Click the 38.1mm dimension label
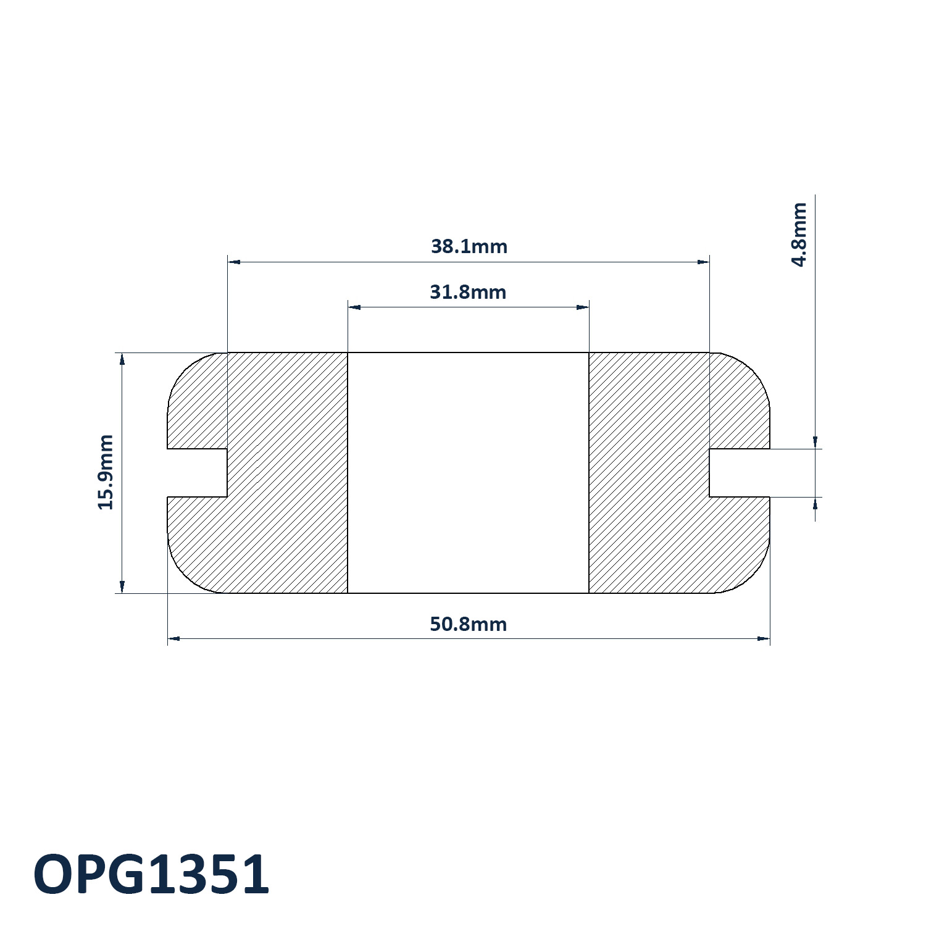(469, 246)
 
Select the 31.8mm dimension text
(468, 291)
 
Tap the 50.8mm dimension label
(468, 624)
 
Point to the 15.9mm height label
(106, 472)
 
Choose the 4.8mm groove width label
(799, 234)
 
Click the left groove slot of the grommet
(198, 473)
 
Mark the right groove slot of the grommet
(740, 473)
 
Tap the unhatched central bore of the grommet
(468, 473)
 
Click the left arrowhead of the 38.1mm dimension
(234, 262)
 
